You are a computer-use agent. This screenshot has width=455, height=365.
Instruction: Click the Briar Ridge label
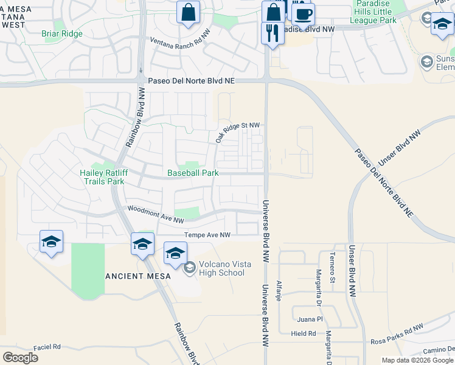[62, 34]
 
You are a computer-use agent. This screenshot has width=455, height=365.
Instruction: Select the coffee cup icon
[302, 13]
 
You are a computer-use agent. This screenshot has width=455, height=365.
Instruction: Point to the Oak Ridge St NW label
[237, 133]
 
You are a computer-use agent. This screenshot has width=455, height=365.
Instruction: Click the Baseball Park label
[193, 173]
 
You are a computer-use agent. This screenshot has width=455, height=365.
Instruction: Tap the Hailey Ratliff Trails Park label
[102, 177]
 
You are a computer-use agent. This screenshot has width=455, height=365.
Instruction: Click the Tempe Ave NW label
[207, 235]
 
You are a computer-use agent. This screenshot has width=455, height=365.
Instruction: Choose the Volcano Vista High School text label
[214, 268]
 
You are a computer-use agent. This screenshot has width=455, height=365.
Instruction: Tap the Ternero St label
[332, 268]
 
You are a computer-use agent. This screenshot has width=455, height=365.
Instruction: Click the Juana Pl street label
[310, 319]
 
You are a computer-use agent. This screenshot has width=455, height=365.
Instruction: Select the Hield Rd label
[304, 333]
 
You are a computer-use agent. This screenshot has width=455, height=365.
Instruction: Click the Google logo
[19, 358]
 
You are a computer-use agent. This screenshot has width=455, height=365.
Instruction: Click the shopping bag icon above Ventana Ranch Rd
[188, 12]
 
